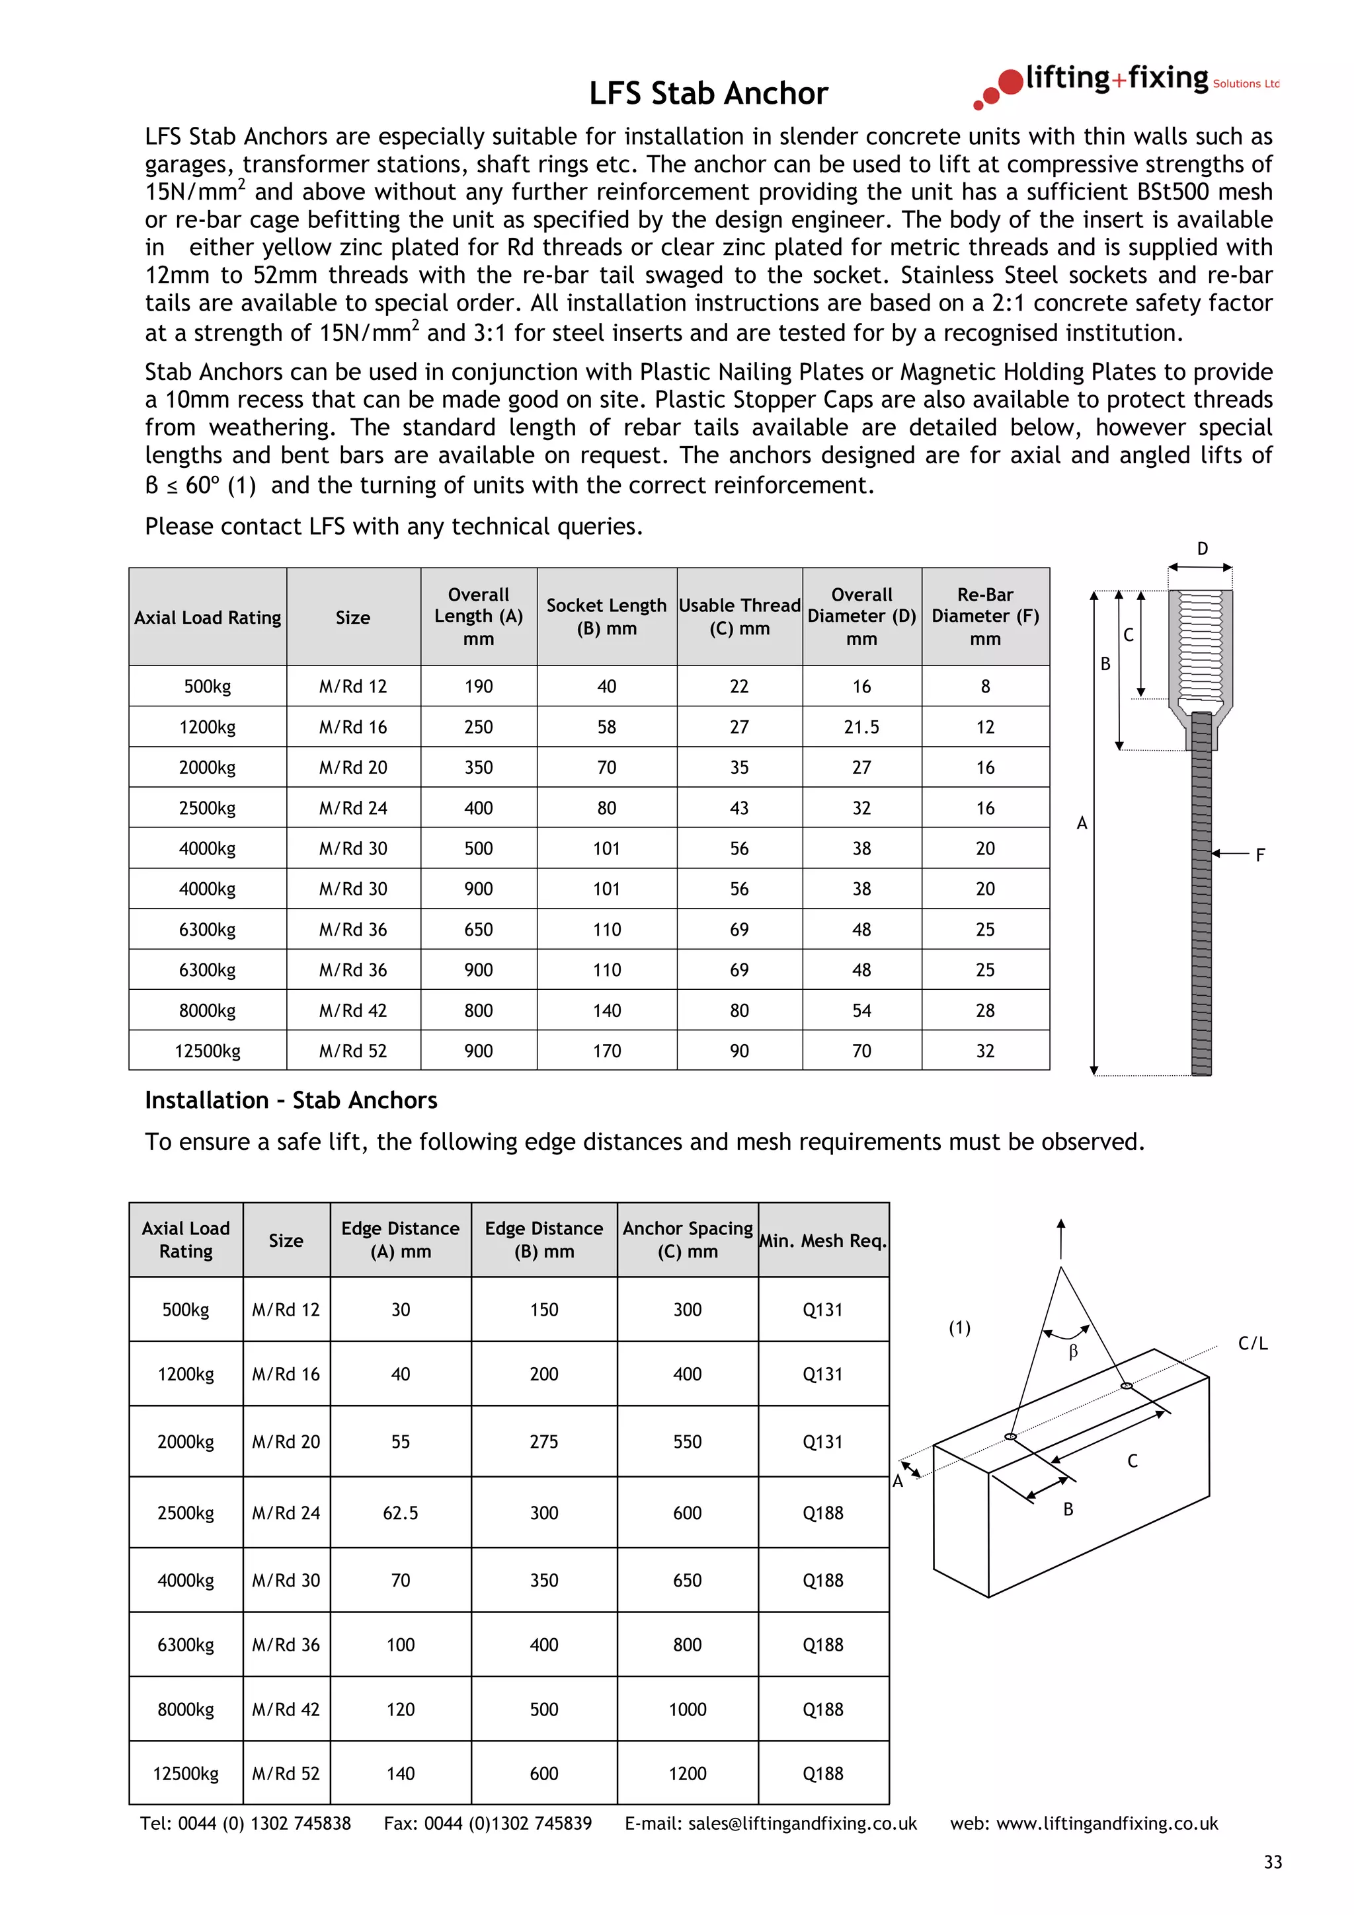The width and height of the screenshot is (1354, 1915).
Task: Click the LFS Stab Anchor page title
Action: [x=707, y=93]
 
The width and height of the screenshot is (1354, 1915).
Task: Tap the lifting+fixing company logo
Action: [x=1127, y=83]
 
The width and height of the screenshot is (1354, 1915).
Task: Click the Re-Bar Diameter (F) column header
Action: [x=984, y=617]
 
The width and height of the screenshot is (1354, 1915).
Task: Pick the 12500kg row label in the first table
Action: [x=207, y=1051]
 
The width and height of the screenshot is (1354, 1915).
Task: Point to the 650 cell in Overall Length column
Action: [x=478, y=929]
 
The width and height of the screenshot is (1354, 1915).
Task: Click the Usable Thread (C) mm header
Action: [x=739, y=617]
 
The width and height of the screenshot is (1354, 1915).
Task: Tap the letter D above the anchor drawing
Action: [x=1202, y=549]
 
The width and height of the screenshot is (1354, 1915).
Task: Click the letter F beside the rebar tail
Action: [x=1259, y=855]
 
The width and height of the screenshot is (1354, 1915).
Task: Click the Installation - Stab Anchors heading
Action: [x=290, y=1100]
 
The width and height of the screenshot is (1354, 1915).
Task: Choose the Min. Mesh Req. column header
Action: [x=822, y=1240]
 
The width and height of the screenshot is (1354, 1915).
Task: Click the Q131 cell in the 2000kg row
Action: [x=822, y=1441]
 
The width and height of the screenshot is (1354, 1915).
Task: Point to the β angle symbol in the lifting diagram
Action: [x=1073, y=1352]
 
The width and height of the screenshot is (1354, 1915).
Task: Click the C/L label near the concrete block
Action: [x=1252, y=1343]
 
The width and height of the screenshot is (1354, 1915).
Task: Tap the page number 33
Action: [x=1272, y=1862]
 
